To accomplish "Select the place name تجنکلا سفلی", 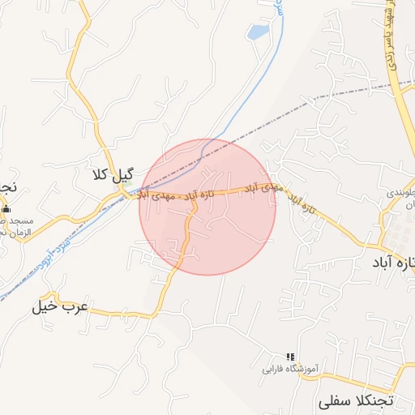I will tap(356, 401).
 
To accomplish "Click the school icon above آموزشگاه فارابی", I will tap(290, 356).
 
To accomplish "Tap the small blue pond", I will tap(258, 32).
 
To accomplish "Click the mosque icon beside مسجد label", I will tap(6, 209).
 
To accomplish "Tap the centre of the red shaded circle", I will tap(207, 207).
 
